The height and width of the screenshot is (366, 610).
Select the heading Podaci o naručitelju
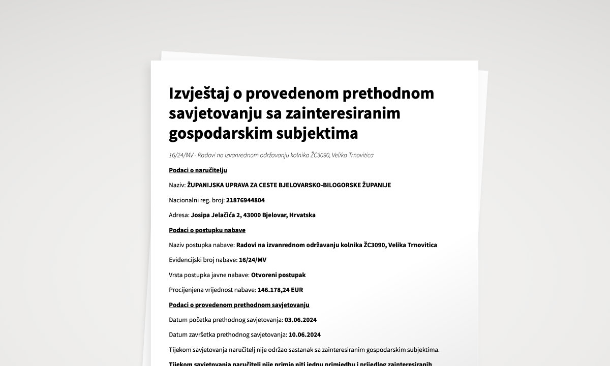click(x=198, y=170)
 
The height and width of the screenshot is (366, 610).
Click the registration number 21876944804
click(x=246, y=200)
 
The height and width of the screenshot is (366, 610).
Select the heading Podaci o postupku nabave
click(x=207, y=230)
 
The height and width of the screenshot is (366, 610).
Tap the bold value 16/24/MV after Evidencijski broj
click(x=253, y=260)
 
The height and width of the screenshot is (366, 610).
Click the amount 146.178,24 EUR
click(x=281, y=290)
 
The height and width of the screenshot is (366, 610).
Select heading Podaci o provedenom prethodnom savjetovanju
click(x=239, y=305)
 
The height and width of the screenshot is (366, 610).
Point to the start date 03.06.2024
click(x=301, y=320)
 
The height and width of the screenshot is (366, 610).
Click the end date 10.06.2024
click(x=304, y=335)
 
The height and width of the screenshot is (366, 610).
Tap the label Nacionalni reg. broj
click(x=197, y=200)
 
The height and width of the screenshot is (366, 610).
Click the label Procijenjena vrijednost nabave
click(x=212, y=290)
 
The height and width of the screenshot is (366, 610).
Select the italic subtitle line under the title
click(x=271, y=155)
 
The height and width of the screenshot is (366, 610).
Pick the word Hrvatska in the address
click(x=302, y=215)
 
